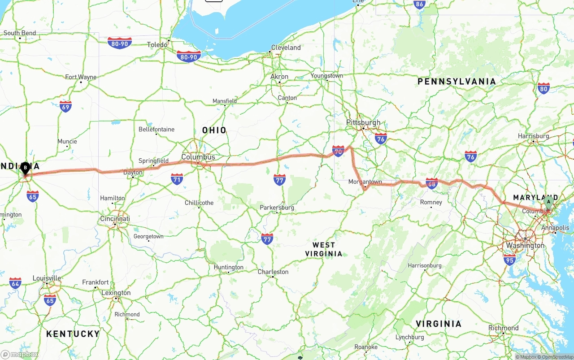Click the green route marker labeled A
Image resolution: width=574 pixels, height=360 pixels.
[x=548, y=202]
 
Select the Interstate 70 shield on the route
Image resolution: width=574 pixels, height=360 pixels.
[x=338, y=151]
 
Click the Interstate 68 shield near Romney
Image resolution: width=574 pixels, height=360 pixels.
[x=431, y=183]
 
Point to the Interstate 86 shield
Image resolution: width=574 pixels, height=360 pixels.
[x=419, y=4]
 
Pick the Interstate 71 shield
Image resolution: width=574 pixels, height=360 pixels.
[x=177, y=179]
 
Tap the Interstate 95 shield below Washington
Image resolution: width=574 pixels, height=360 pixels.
[x=509, y=260]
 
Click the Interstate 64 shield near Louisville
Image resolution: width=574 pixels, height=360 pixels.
[x=15, y=283]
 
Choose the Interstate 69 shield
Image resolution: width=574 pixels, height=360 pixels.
[x=65, y=106]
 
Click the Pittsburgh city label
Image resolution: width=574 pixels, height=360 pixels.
[x=363, y=122]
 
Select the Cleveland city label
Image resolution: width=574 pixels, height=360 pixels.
[x=286, y=48]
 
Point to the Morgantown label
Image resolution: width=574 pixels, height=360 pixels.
[x=365, y=182]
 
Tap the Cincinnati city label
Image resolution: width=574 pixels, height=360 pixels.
[x=115, y=219]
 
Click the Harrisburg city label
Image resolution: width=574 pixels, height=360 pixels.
[x=533, y=136]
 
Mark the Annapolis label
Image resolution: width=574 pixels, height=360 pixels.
[x=555, y=228]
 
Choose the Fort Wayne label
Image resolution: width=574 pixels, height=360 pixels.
[x=81, y=77]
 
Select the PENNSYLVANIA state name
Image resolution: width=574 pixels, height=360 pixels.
[x=457, y=82]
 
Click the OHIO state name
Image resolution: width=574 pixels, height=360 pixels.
[x=214, y=130]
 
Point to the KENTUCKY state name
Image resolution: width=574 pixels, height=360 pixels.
[x=73, y=334]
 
